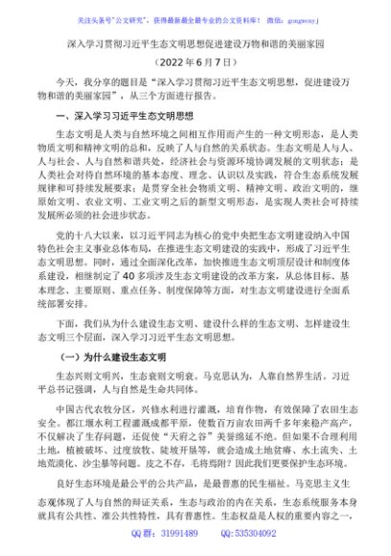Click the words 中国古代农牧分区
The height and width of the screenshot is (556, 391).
click(97, 414)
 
